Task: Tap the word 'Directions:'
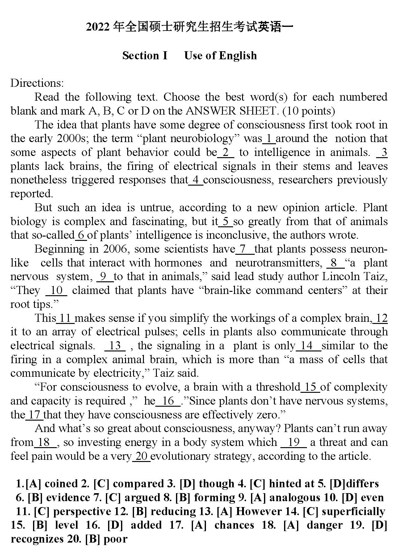pyautogui.click(x=37, y=83)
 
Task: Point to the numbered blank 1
pyautogui.click(x=269, y=138)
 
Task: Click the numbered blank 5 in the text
pyautogui.click(x=226, y=221)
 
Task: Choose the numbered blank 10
pyautogui.click(x=57, y=291)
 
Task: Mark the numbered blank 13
pyautogui.click(x=115, y=346)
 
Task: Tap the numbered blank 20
pyautogui.click(x=141, y=456)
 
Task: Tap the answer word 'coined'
pyautogui.click(x=61, y=484)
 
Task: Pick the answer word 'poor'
pyautogui.click(x=115, y=539)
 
